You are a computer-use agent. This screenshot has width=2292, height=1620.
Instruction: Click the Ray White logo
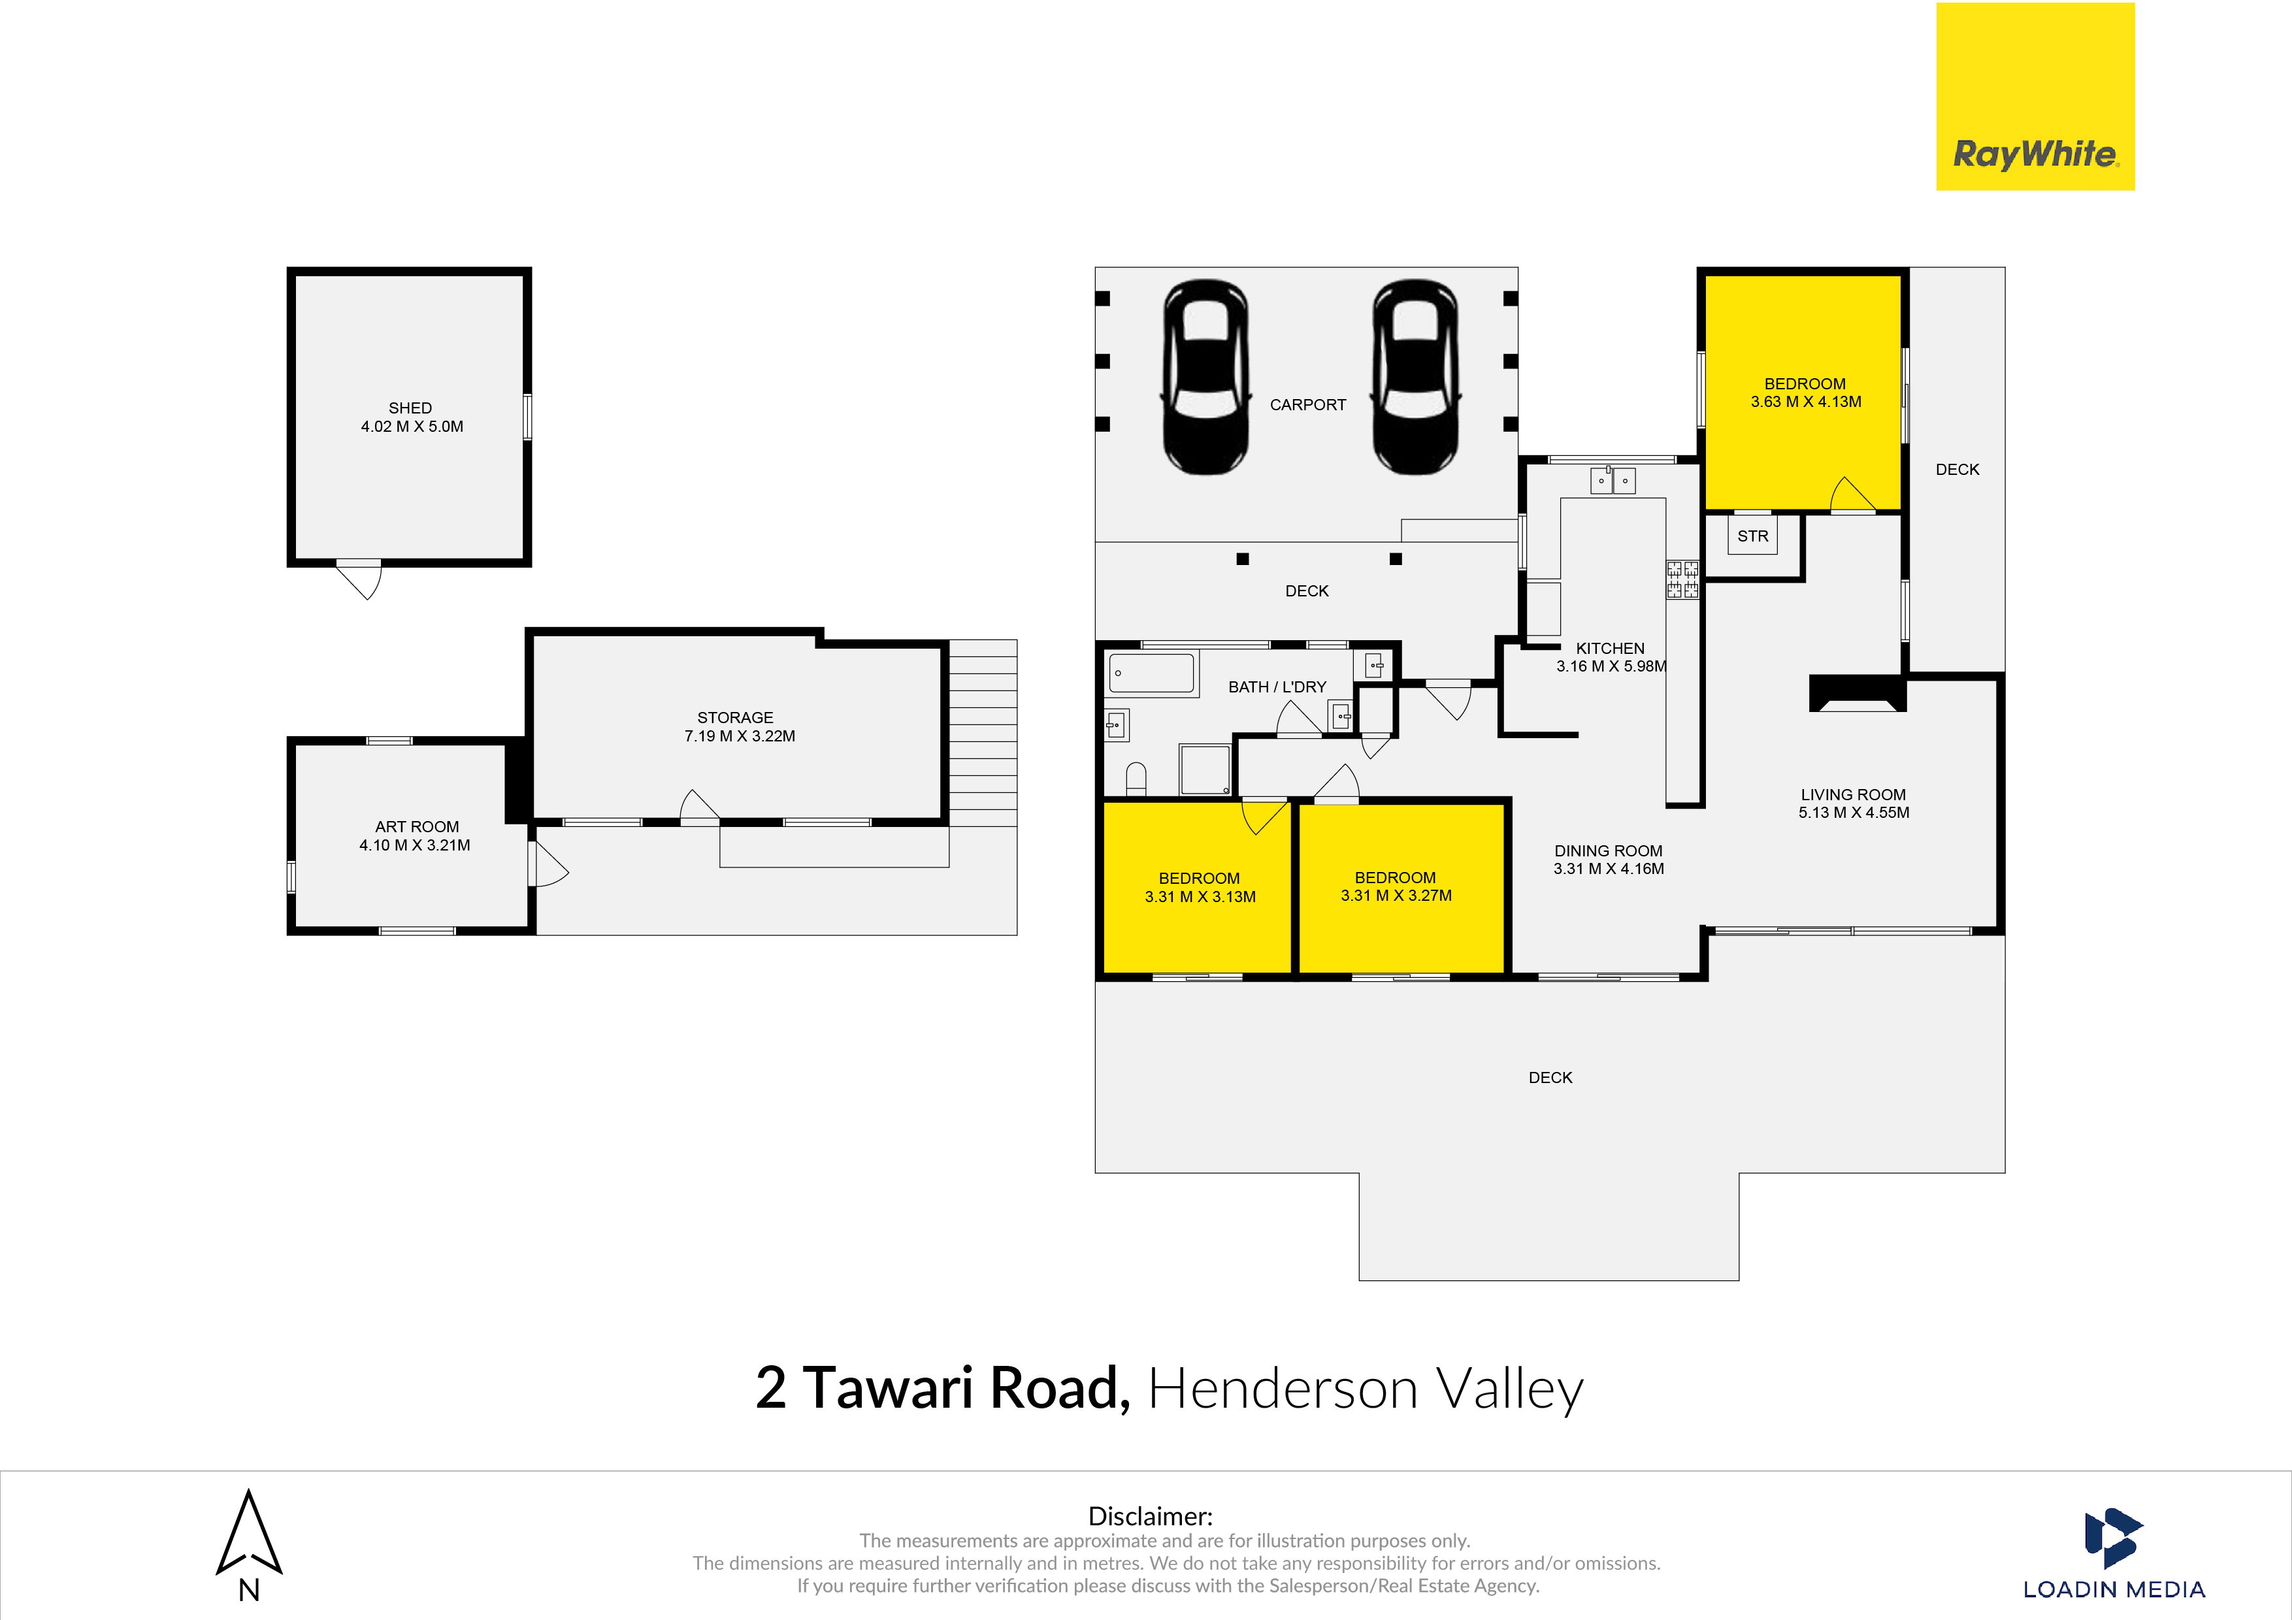2035,97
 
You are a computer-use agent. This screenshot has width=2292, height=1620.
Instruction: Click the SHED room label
410,408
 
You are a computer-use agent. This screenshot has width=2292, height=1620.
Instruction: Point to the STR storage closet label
1753,536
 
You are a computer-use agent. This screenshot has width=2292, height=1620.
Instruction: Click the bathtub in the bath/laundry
1152,673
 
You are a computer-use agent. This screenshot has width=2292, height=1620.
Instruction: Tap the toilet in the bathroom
1136,777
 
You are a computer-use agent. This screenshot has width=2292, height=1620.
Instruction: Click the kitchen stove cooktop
1682,580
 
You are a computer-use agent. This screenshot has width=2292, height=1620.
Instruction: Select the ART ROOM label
417,826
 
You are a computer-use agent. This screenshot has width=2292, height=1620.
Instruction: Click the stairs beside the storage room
982,733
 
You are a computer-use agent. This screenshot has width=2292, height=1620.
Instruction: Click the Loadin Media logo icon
2111,1537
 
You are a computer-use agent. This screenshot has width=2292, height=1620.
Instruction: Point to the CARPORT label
1308,404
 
